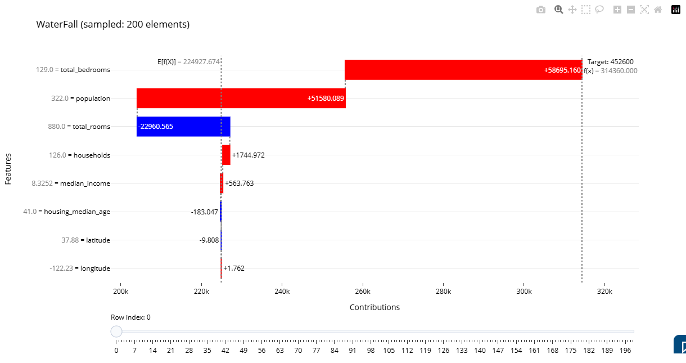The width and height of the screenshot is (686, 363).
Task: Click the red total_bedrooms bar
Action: [463, 70]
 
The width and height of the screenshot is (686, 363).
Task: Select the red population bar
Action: [241, 98]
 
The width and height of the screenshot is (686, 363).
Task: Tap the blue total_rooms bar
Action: [183, 127]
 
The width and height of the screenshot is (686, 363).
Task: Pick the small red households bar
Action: [226, 155]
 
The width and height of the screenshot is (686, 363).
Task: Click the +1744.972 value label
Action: [249, 155]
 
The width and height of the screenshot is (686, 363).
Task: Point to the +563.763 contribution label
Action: [239, 183]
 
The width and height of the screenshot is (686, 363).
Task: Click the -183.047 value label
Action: [205, 212]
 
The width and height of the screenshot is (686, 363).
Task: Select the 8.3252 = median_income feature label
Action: [71, 183]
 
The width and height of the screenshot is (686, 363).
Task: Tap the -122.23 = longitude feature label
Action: [80, 268]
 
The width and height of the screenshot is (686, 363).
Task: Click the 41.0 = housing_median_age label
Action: [66, 212]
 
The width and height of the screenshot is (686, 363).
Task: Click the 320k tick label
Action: [604, 292]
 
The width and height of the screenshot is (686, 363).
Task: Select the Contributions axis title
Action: [374, 307]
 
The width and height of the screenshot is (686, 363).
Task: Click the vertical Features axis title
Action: [8, 169]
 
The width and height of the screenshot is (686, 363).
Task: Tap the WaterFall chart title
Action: [112, 24]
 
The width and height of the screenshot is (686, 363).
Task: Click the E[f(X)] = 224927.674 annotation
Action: [188, 61]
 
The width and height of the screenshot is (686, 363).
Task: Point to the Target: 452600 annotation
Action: [610, 61]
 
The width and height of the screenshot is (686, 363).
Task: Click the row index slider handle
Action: [116, 331]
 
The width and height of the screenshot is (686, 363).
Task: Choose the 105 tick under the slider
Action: [389, 351]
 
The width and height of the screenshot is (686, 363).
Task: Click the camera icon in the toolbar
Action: [541, 10]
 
